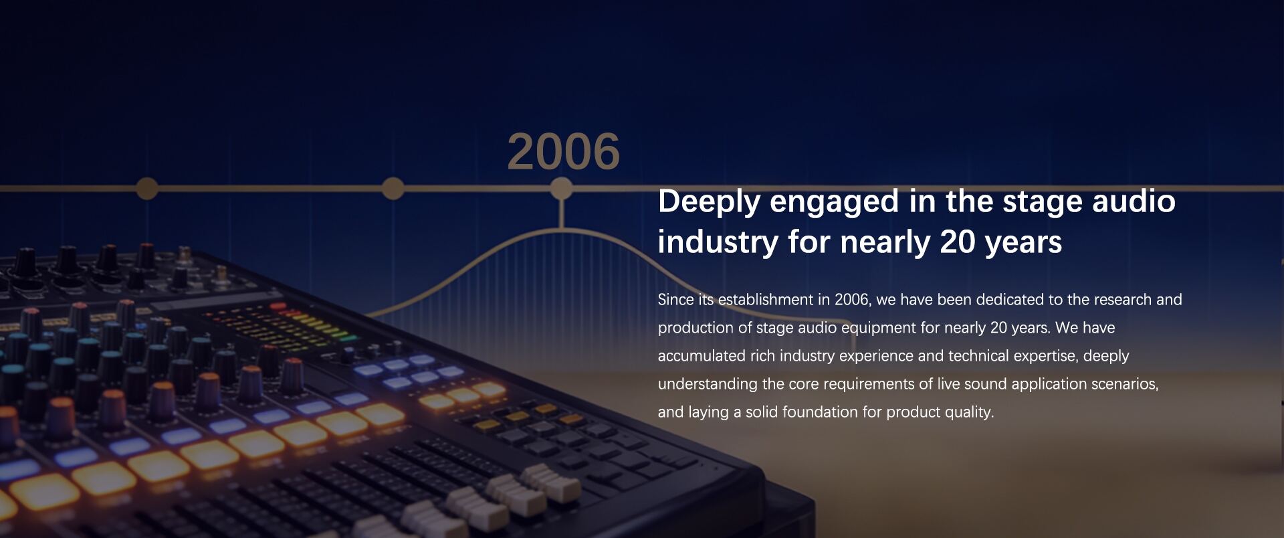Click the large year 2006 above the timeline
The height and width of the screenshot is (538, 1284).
564,151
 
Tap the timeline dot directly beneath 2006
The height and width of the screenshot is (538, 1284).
562,189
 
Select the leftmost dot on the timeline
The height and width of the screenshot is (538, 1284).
147,189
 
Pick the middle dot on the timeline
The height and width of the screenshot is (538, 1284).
393,189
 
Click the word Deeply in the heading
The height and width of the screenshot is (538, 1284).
709,202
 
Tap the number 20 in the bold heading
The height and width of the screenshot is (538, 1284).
957,242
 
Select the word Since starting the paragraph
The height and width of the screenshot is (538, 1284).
675,299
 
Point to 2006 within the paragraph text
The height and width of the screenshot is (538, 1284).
852,300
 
